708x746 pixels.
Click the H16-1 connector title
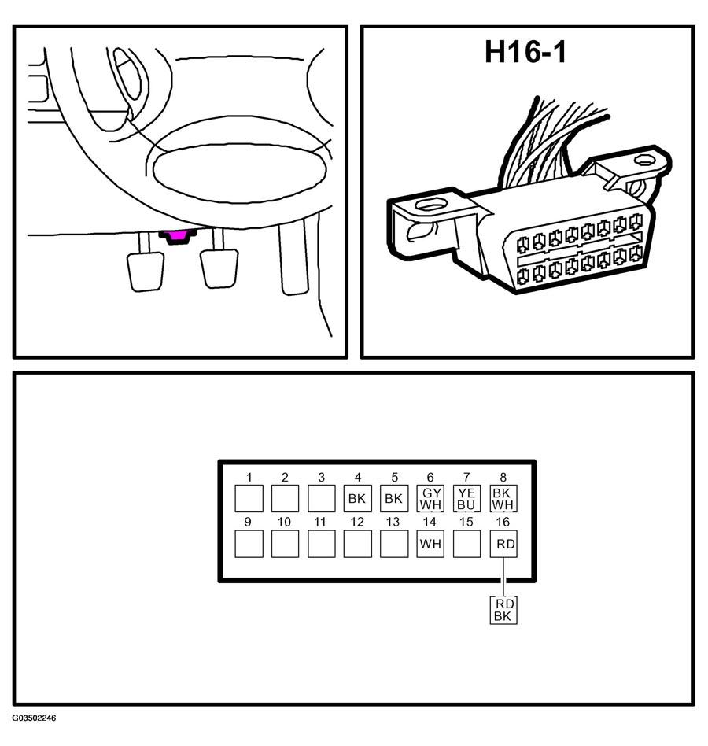coord(525,52)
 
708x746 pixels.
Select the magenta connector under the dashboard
coord(178,236)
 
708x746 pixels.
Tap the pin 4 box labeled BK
coord(358,499)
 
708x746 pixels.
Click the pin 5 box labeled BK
coord(394,499)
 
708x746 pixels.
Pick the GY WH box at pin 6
coord(431,499)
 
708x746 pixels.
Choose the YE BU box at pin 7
coord(467,499)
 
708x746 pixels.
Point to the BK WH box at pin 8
coord(503,499)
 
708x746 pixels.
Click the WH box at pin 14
coord(431,544)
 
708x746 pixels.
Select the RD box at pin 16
coord(503,544)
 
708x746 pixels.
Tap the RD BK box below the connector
coord(503,610)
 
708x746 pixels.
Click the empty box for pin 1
coord(249,499)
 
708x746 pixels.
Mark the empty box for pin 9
coord(249,544)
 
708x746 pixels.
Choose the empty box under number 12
coord(358,544)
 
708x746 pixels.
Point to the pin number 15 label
coord(466,522)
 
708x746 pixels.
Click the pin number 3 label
coord(322,477)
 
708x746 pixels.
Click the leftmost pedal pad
coord(146,271)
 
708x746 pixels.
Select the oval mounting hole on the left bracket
coord(431,205)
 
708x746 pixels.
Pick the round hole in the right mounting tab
coord(643,161)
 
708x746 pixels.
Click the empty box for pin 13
coord(394,544)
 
